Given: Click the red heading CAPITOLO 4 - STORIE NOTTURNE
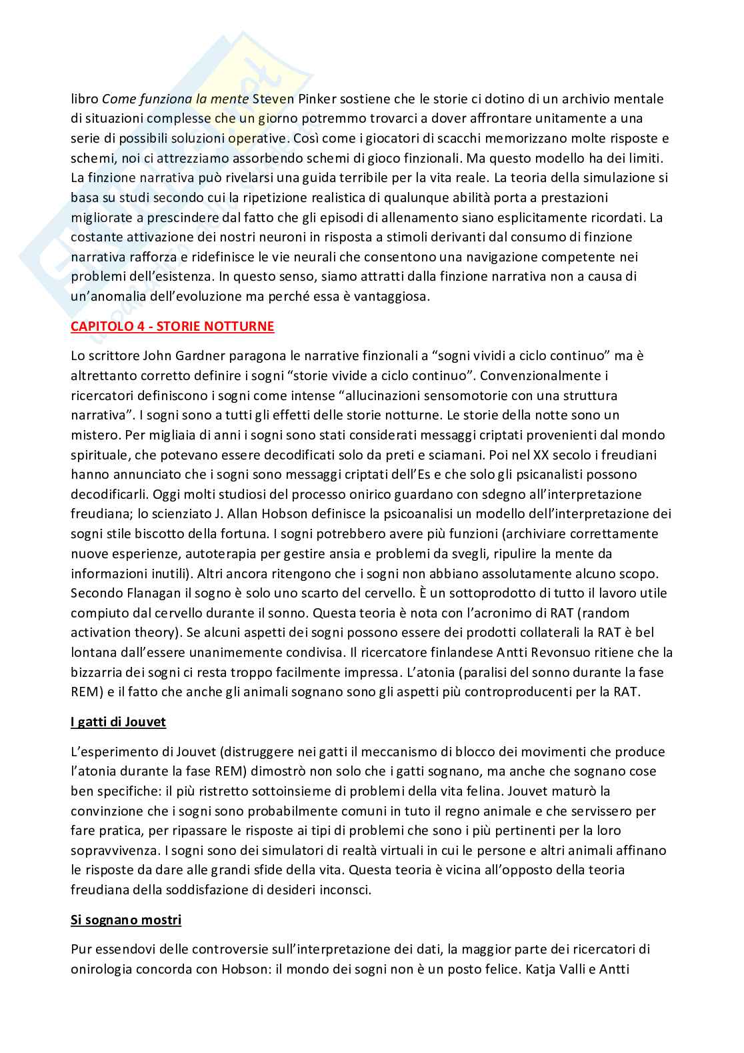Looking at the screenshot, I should tap(172, 327).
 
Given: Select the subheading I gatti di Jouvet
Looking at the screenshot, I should tap(118, 722).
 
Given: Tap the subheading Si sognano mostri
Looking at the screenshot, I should tap(126, 920).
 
